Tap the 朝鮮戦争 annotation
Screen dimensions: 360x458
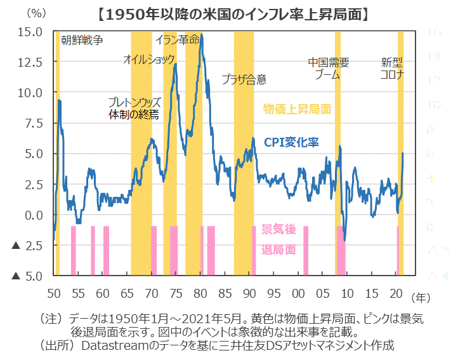pos(82,41)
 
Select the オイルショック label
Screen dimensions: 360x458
pos(148,60)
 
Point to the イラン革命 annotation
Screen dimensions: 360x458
pos(178,40)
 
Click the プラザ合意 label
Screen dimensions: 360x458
pos(244,79)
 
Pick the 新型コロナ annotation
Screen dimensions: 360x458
pos(393,69)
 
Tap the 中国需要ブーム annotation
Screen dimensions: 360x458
pos(328,69)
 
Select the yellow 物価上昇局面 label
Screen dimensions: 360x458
pos(297,109)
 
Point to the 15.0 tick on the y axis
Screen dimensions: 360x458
pos(31,32)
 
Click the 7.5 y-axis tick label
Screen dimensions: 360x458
pos(34,123)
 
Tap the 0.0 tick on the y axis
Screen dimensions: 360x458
pos(34,215)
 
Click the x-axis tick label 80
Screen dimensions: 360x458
pos(200,294)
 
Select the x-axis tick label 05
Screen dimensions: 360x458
pos(322,294)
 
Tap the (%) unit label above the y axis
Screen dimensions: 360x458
pos(36,13)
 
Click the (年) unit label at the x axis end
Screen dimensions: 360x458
pos(420,297)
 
